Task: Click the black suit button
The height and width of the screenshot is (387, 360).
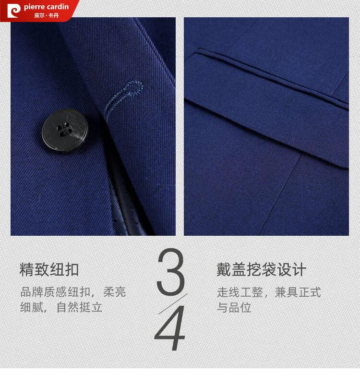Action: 65,130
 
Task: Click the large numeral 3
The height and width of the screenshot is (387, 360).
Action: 171,272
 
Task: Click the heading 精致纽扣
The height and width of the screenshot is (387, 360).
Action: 49,269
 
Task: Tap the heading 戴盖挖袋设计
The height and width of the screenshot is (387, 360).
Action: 262,269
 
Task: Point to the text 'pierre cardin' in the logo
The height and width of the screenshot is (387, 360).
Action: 46,7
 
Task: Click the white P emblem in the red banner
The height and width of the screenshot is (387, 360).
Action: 14,11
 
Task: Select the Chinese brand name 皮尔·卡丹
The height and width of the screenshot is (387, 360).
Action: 47,15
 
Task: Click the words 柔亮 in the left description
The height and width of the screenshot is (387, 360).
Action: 115,292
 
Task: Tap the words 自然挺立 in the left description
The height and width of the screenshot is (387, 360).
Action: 79,307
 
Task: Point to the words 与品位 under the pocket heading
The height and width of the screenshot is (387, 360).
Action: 234,307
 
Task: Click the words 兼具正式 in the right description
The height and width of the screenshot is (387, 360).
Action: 298,292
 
